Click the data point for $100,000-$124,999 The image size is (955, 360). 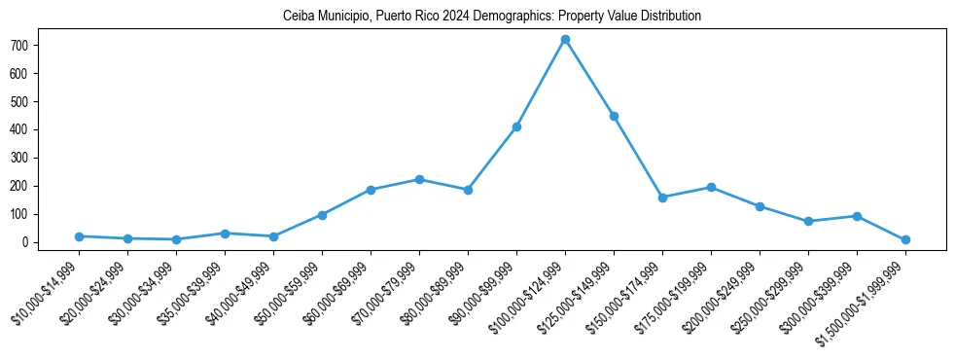[565, 40]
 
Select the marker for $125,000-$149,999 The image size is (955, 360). [614, 116]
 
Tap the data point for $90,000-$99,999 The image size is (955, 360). [516, 126]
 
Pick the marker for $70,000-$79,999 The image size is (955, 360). [419, 179]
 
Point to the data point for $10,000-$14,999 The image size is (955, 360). [79, 236]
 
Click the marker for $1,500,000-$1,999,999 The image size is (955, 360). [905, 239]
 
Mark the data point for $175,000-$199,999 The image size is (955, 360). [711, 187]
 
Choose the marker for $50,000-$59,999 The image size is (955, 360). [322, 215]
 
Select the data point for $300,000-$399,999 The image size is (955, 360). [857, 216]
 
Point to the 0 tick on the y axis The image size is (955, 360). [32, 242]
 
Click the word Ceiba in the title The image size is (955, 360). [298, 17]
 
